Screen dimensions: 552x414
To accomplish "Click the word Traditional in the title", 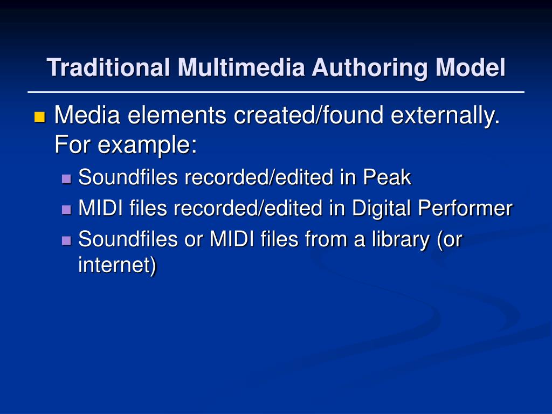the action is pos(108,67).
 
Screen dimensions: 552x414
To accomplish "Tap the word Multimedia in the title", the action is pos(241,67).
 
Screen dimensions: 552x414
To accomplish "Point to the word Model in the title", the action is pos(471,67).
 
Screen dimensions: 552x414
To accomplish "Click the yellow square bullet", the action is pos(40,117).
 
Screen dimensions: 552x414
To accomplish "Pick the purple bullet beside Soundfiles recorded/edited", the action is pos(66,179).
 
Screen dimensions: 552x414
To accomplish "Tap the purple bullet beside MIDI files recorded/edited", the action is pos(66,210).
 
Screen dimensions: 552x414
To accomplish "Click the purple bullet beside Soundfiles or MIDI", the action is pos(66,241).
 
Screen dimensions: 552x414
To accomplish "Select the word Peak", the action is pos(387,177).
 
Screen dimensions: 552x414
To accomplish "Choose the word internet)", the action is pos(117,265).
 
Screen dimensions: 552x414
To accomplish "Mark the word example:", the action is pos(147,146).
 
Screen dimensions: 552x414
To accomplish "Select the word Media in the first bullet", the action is pos(87,115).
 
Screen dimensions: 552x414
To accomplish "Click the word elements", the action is pos(177,115).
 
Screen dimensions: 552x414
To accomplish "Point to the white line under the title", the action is pos(276,92).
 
